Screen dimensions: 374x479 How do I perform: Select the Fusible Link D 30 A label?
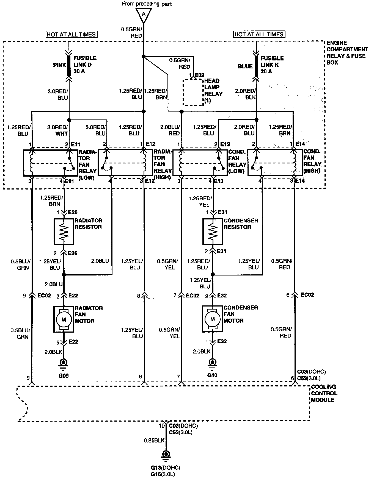tap(85, 65)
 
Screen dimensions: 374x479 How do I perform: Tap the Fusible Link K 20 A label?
tap(272, 65)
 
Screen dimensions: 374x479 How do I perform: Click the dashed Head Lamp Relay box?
tap(194, 92)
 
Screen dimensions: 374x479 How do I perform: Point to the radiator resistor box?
tap(64, 232)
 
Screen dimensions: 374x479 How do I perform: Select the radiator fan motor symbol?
tap(64, 319)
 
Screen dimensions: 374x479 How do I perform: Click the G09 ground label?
tap(64, 375)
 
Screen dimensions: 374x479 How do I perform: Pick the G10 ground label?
tap(212, 375)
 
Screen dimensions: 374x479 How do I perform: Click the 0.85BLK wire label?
tap(154, 441)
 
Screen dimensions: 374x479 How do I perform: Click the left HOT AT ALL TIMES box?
tap(72, 34)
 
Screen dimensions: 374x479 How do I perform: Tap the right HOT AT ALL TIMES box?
tap(259, 34)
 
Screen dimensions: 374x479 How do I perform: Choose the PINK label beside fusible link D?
tap(60, 65)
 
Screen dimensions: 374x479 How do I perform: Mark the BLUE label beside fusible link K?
tap(245, 66)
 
